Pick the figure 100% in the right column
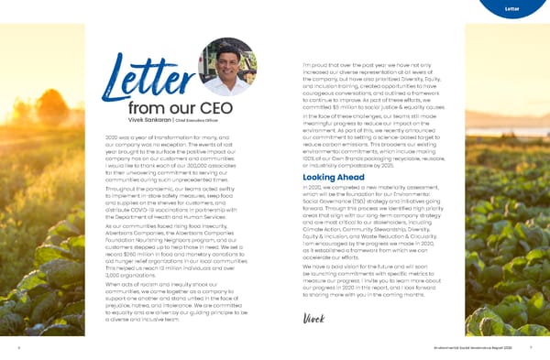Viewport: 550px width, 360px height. [311, 159]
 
